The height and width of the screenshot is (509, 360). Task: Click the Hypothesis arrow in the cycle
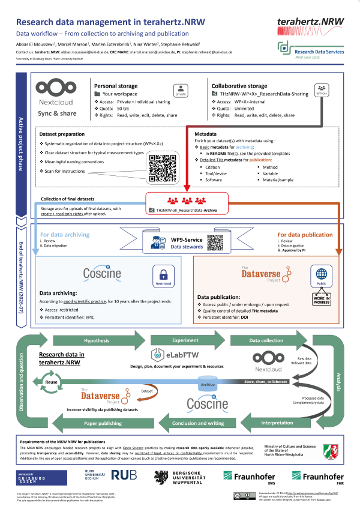tap(97, 340)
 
